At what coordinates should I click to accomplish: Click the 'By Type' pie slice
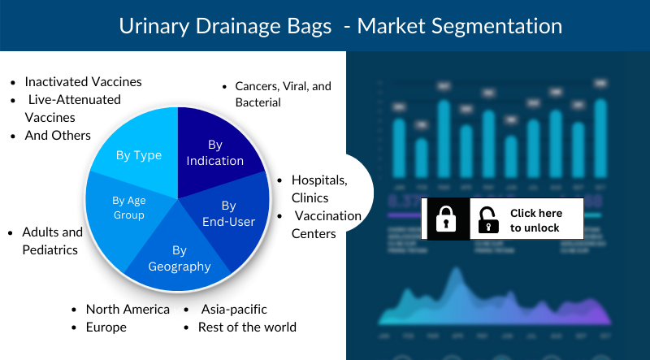tap(138, 155)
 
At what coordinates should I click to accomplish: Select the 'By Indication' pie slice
tap(214, 153)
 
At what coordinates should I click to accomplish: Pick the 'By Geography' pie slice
tap(180, 258)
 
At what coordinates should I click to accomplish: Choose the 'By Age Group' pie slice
tap(128, 207)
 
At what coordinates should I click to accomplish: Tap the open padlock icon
tap(488, 219)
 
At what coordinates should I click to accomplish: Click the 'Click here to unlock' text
tap(535, 220)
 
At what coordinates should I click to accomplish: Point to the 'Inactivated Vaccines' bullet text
tap(83, 82)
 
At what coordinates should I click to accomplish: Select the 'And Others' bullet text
tap(58, 135)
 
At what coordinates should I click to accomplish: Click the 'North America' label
tap(128, 310)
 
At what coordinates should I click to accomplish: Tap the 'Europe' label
tap(106, 327)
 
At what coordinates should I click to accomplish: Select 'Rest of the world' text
tap(247, 327)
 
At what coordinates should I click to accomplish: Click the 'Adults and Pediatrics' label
tap(50, 241)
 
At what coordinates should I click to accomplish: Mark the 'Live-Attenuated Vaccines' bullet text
tap(73, 108)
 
